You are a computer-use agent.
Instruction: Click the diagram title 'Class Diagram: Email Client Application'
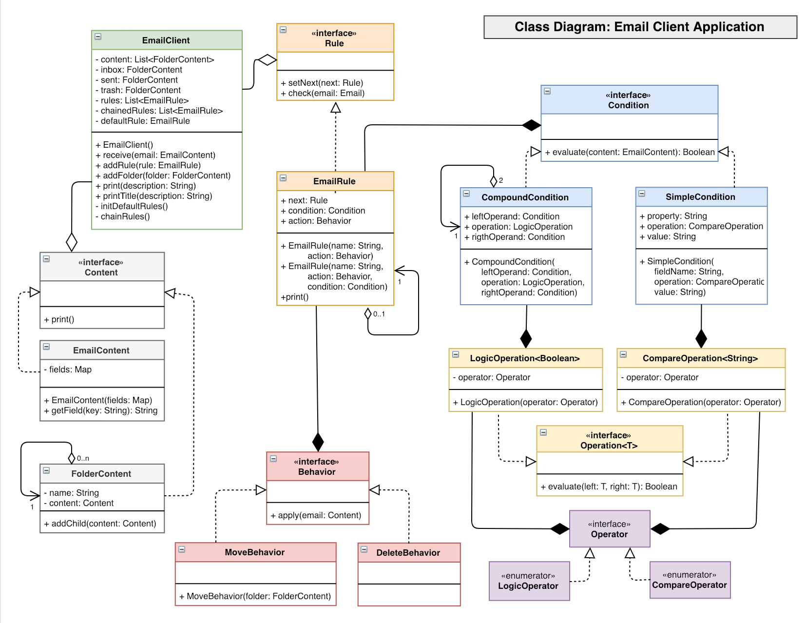point(639,27)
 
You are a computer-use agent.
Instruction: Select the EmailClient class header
point(166,40)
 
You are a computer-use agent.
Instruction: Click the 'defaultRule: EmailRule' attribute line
point(145,121)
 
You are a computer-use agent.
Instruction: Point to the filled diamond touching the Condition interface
point(531,125)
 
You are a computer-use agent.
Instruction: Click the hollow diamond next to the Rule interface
point(267,60)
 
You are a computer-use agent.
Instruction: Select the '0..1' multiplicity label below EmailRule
point(379,314)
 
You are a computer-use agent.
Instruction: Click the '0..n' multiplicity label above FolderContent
point(83,458)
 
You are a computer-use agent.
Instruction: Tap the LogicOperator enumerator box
point(529,581)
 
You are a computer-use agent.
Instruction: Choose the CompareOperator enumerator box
point(690,580)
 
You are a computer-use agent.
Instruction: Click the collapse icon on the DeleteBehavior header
point(364,549)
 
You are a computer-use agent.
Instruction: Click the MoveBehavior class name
point(254,552)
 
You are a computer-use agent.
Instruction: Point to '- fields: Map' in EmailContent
point(71,370)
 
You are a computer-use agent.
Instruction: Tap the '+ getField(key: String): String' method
point(104,410)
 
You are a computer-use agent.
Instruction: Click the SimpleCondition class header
point(700,197)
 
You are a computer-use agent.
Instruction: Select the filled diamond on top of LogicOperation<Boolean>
point(526,338)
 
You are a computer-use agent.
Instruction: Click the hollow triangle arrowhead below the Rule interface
point(335,108)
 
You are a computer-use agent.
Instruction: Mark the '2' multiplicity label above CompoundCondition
point(501,180)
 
